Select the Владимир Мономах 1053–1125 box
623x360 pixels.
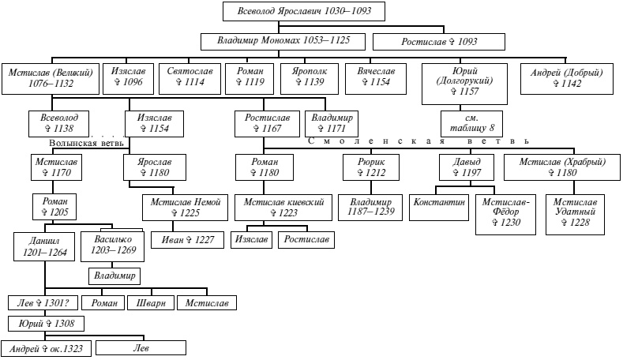coord(283,41)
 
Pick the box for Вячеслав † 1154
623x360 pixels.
coord(376,77)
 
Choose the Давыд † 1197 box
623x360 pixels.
coord(467,167)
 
